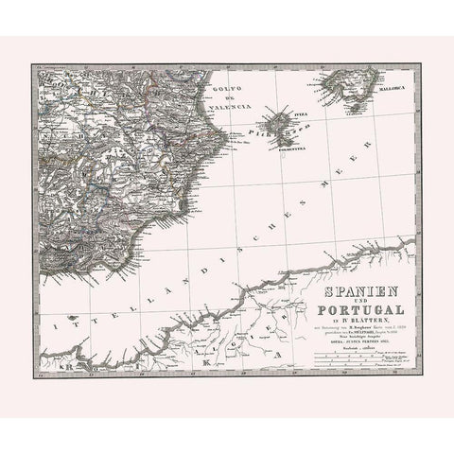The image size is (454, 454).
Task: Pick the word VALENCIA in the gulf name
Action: point(230,108)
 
